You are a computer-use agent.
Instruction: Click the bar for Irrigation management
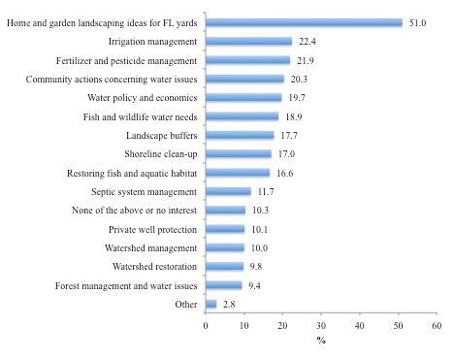click(249, 42)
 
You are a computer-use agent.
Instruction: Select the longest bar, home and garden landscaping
click(304, 22)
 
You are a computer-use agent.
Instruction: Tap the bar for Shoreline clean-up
click(239, 153)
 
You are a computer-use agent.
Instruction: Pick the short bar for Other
click(211, 304)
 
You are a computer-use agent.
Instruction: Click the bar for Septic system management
click(228, 191)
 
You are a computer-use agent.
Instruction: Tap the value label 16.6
click(282, 173)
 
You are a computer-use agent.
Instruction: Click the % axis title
click(321, 341)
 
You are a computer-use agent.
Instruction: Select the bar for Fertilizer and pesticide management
click(248, 60)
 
